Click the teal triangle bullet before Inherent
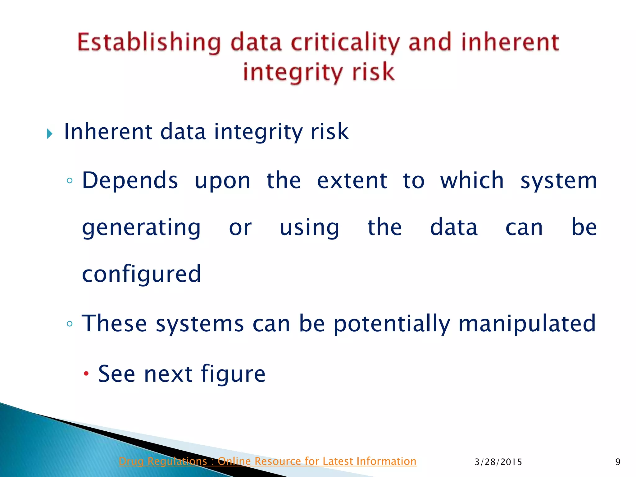click(50, 134)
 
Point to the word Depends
click(130, 181)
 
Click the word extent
click(352, 181)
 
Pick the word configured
click(142, 275)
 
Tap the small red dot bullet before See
click(87, 373)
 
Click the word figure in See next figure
click(233, 374)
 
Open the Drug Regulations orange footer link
click(267, 461)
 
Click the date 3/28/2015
click(498, 462)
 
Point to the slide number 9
click(618, 462)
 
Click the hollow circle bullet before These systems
click(70, 324)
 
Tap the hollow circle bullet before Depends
click(70, 180)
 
